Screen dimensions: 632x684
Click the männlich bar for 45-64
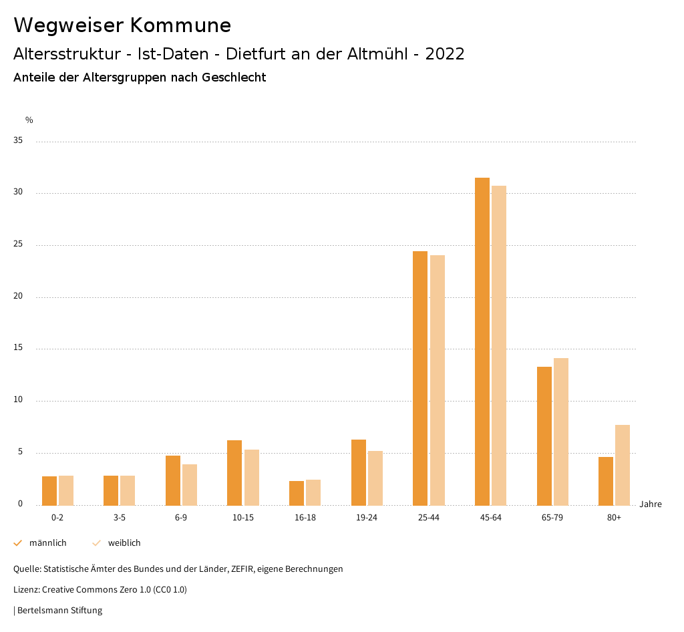pos(482,341)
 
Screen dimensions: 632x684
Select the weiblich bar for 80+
pos(623,465)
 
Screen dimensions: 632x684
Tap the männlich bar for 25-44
pos(420,378)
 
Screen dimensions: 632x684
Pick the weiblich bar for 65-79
pos(561,432)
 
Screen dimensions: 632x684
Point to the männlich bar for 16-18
pos(297,493)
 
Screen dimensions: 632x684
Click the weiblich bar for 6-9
pos(190,484)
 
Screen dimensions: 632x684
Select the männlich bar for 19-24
pos(359,472)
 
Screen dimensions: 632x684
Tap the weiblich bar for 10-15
pos(252,477)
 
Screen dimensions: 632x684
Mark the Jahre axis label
pos(651,504)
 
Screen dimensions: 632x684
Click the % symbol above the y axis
pos(29,120)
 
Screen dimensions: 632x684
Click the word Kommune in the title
pos(180,25)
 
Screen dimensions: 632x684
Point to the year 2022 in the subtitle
pos(445,54)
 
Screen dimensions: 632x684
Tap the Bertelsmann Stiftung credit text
pos(59,611)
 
